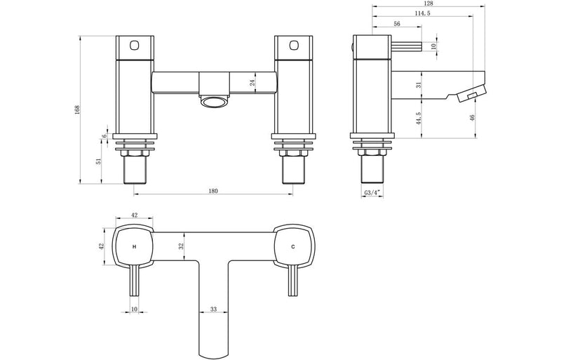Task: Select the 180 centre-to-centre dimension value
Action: [213, 189]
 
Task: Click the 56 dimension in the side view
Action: [397, 23]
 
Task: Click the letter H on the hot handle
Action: [133, 247]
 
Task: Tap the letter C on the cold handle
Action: [292, 247]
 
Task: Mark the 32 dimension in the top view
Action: [181, 246]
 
